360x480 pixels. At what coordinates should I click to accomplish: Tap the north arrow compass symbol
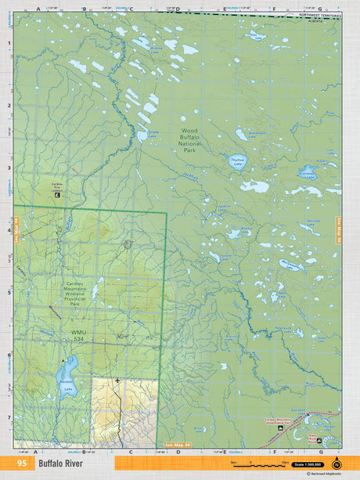337,463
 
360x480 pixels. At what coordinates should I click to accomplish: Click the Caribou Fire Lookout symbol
56,194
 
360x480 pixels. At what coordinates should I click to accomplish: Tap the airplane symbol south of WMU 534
117,381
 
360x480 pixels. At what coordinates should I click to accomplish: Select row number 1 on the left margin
9,45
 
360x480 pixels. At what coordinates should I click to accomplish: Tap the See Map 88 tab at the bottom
178,445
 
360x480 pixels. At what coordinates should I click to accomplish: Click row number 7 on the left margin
9,417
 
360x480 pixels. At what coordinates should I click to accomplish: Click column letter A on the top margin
38,9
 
